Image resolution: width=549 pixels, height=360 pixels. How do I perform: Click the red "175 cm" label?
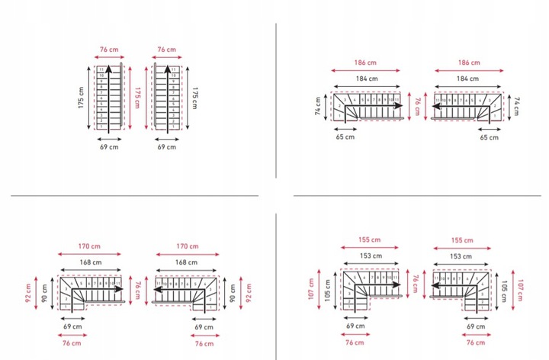click(x=138, y=98)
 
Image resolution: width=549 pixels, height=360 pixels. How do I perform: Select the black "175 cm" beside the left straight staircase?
click(x=82, y=98)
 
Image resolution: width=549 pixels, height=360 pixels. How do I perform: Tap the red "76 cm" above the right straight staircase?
click(x=166, y=50)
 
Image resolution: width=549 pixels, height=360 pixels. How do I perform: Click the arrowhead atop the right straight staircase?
click(x=167, y=69)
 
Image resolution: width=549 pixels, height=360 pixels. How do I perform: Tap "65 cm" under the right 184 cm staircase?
click(x=489, y=137)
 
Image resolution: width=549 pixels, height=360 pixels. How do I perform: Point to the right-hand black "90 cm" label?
click(x=233, y=290)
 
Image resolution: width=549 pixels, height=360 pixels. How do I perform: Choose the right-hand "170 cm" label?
click(x=186, y=246)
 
